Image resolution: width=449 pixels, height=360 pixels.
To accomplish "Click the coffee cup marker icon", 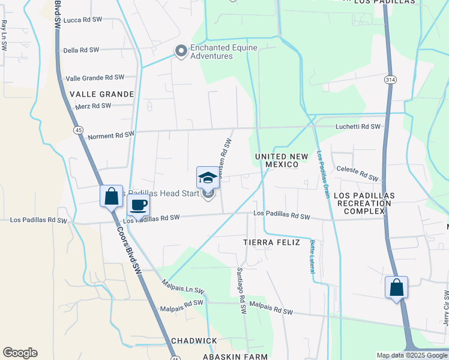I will pyautogui.click(x=138, y=205).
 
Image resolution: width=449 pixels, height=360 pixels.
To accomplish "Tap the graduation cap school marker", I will pyautogui.click(x=208, y=178).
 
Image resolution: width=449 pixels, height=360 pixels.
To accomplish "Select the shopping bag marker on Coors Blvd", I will pyautogui.click(x=111, y=196).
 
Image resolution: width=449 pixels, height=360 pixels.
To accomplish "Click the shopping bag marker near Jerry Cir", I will pyautogui.click(x=396, y=287).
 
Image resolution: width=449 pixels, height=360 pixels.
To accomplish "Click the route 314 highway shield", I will pyautogui.click(x=390, y=79).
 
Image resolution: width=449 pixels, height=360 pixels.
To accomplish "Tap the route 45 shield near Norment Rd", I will pyautogui.click(x=79, y=130).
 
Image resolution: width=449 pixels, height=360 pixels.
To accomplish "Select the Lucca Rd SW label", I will pyautogui.click(x=83, y=20).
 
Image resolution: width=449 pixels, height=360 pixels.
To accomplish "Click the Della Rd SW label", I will pyautogui.click(x=81, y=50).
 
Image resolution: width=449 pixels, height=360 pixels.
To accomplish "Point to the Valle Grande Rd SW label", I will pyautogui.click(x=95, y=77).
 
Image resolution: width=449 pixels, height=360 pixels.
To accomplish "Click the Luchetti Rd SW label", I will pyautogui.click(x=358, y=127).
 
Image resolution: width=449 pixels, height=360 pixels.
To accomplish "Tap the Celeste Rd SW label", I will pyautogui.click(x=358, y=173).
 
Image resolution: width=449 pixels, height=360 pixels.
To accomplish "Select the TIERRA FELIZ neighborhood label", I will pyautogui.click(x=271, y=242).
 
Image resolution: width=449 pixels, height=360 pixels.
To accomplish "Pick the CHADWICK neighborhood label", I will pyautogui.click(x=194, y=341).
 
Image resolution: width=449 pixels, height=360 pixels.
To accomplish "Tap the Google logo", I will pyautogui.click(x=20, y=353).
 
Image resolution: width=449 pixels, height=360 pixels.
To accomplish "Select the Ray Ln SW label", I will pyautogui.click(x=4, y=34).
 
